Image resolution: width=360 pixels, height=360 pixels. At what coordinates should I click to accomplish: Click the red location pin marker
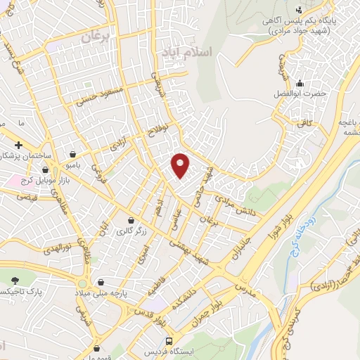[181, 164]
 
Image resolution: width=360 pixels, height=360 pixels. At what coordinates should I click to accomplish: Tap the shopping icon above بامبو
[74, 153]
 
